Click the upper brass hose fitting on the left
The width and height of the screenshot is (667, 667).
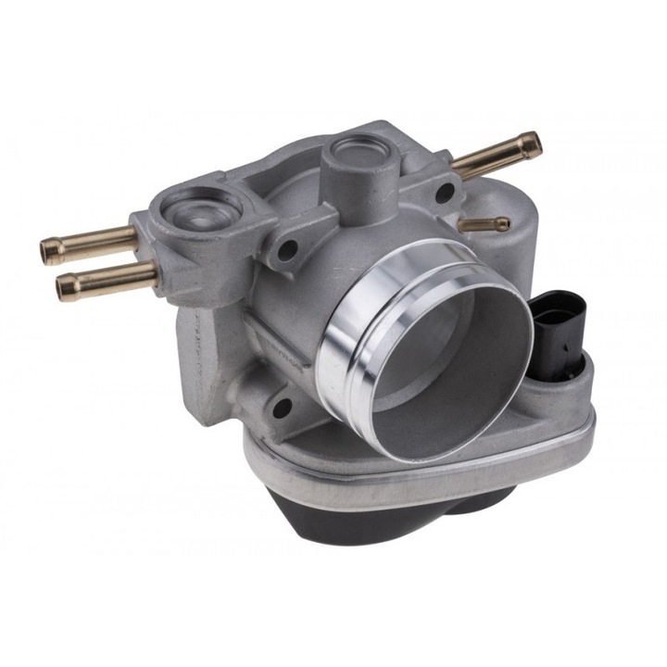[88, 244]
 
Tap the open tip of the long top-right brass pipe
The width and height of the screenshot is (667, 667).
[531, 144]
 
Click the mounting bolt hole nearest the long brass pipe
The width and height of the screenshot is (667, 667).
[446, 193]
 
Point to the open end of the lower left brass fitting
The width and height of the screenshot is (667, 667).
[62, 287]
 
